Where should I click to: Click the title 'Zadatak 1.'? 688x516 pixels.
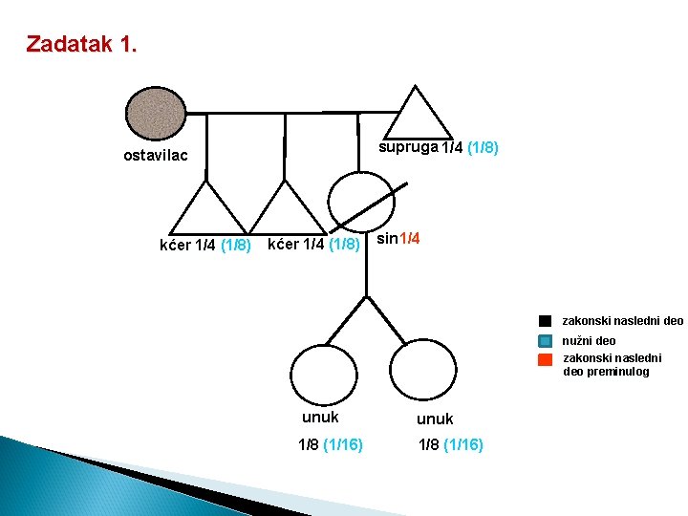(x=81, y=44)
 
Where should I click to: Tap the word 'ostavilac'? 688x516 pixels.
(x=156, y=156)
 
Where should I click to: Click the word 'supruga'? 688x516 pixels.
(x=408, y=148)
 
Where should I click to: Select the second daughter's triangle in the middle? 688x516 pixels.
(x=285, y=212)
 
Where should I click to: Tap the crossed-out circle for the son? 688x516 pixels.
(x=361, y=201)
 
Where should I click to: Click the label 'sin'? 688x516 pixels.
(x=387, y=238)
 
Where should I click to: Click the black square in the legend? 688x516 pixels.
(x=545, y=321)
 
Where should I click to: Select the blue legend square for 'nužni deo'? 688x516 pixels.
(x=545, y=340)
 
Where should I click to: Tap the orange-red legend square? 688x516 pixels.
(x=545, y=360)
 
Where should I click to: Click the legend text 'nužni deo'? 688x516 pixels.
(x=589, y=340)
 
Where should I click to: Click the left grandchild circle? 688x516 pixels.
(x=322, y=376)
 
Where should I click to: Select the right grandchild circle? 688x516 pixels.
(x=423, y=376)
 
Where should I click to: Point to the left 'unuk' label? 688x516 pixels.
(x=320, y=418)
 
